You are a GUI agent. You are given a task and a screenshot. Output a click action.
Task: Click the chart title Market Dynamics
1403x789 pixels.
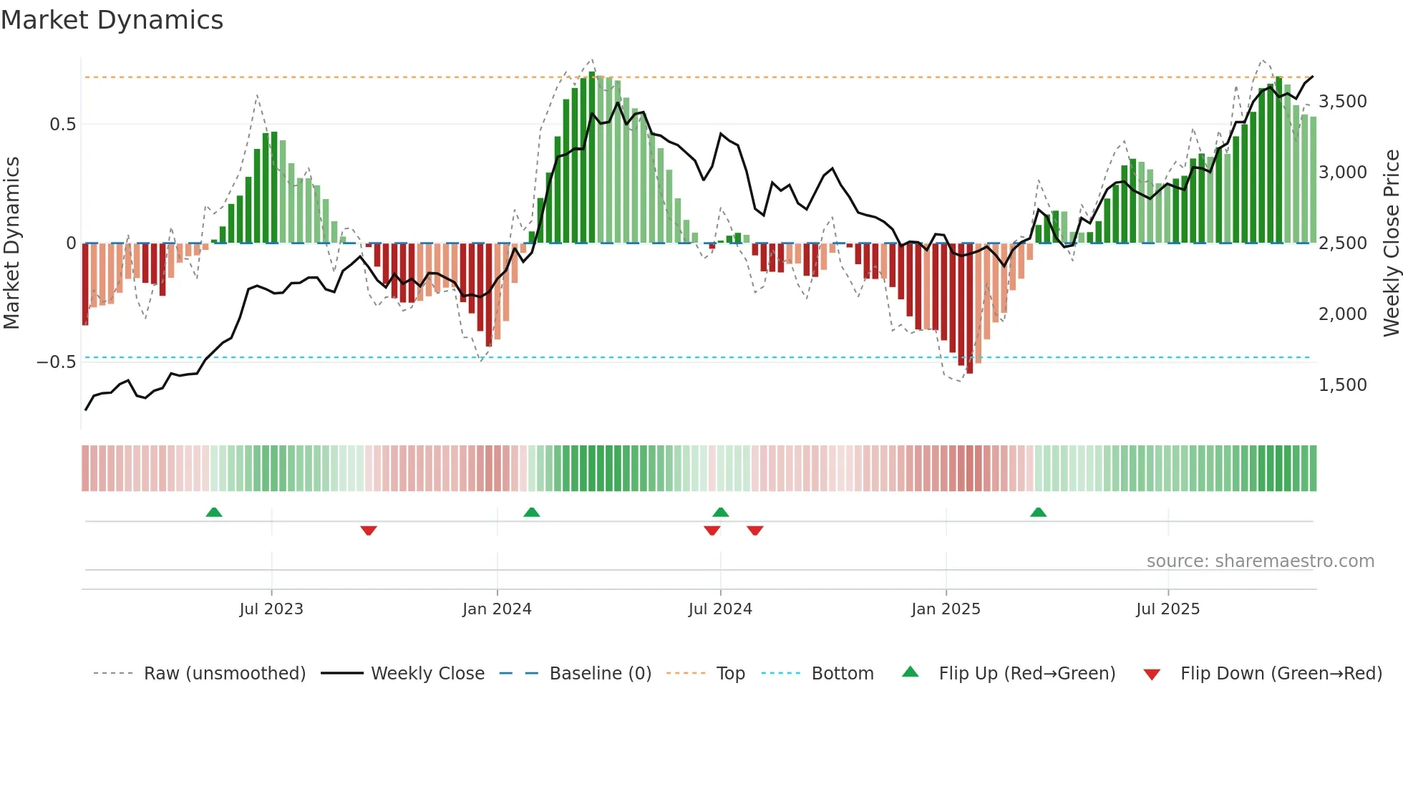pyautogui.click(x=112, y=20)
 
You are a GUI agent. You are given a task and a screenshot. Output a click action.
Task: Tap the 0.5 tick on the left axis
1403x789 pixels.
pyautogui.click(x=62, y=125)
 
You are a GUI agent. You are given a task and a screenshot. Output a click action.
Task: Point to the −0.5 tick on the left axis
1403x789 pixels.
pyautogui.click(x=57, y=362)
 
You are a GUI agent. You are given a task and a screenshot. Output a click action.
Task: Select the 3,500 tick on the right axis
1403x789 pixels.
pyautogui.click(x=1342, y=102)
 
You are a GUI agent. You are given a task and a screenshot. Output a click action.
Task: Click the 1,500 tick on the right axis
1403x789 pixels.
pyautogui.click(x=1342, y=385)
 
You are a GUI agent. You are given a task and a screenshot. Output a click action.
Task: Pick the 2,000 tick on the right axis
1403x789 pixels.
pyautogui.click(x=1342, y=314)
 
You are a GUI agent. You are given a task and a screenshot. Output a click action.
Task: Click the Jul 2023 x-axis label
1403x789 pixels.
pyautogui.click(x=271, y=609)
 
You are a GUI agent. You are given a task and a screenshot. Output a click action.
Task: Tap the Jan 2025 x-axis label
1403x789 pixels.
pyautogui.click(x=946, y=609)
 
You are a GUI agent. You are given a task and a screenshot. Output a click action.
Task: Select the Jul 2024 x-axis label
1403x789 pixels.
pyautogui.click(x=720, y=609)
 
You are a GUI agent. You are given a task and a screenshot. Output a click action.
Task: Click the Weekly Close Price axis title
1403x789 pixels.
pyautogui.click(x=1391, y=243)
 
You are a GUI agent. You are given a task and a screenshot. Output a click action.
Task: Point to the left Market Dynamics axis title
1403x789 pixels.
pyautogui.click(x=11, y=243)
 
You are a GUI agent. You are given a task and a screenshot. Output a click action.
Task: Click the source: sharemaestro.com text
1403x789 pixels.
pyautogui.click(x=1260, y=561)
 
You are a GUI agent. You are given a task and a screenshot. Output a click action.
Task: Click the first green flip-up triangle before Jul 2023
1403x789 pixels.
pyautogui.click(x=214, y=512)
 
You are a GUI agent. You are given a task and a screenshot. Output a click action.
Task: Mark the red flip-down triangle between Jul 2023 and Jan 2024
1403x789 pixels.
pyautogui.click(x=369, y=531)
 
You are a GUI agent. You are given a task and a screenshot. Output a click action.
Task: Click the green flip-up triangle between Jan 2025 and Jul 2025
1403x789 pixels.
pyautogui.click(x=1038, y=512)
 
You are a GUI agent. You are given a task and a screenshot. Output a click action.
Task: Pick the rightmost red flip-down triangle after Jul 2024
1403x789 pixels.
pyautogui.click(x=755, y=531)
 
